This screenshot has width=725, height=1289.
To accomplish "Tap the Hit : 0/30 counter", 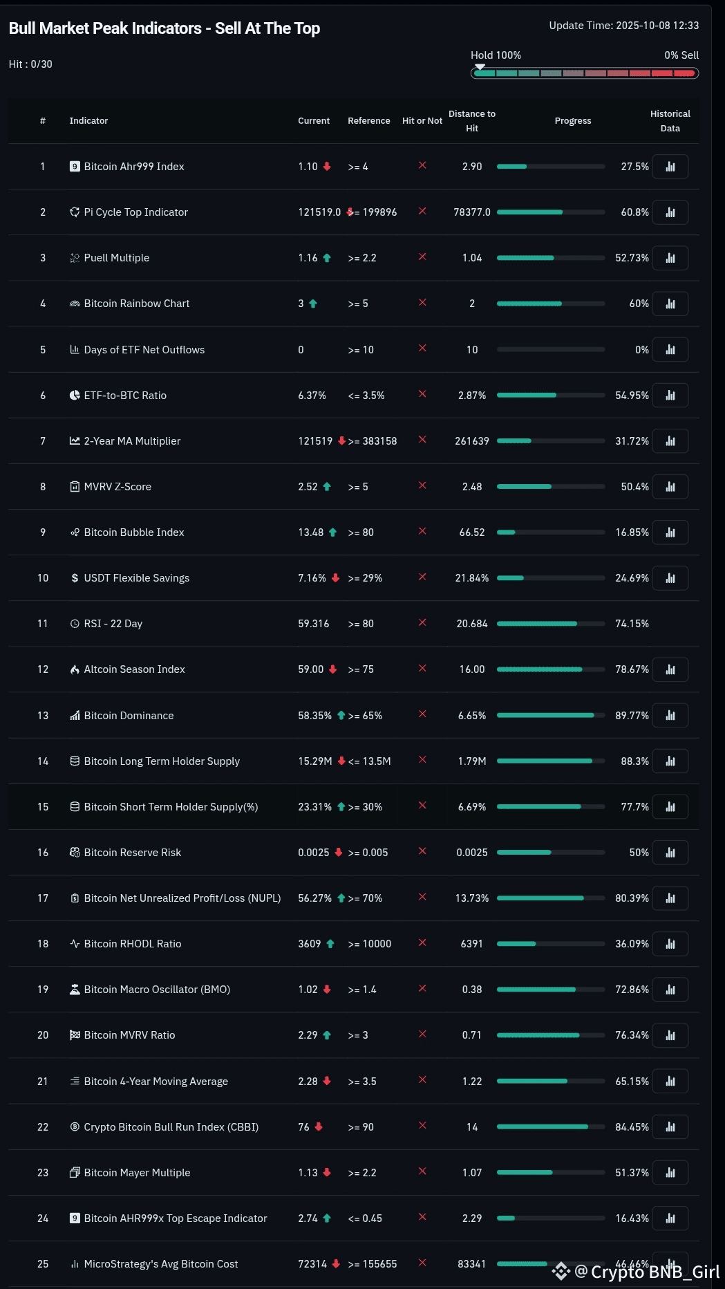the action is click(30, 64).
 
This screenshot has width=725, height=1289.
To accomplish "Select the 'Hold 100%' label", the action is click(496, 55).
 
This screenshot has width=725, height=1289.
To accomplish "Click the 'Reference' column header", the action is click(368, 121).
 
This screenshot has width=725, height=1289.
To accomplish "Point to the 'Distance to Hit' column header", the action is click(472, 121).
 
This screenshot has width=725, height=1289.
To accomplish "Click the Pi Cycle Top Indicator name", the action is click(135, 212).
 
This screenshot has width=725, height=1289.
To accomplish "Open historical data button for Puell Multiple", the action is click(670, 258).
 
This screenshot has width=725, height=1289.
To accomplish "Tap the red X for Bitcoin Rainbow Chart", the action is click(422, 303).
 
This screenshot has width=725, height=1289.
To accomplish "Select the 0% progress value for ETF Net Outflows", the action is click(642, 350).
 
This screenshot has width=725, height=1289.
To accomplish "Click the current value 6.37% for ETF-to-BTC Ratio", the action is click(312, 396).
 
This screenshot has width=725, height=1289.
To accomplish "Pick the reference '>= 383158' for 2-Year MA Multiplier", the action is click(373, 441).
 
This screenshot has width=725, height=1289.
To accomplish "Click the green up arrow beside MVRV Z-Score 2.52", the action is click(327, 487).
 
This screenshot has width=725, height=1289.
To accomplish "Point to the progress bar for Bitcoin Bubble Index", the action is click(551, 532).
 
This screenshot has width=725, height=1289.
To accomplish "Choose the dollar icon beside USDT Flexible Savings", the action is click(75, 578).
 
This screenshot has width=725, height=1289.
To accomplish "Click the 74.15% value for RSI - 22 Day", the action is click(632, 624).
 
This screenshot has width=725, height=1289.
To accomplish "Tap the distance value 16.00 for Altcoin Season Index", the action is click(472, 669).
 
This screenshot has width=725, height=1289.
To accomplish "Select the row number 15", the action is click(43, 807).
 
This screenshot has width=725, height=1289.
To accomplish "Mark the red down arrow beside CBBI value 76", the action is click(319, 1126).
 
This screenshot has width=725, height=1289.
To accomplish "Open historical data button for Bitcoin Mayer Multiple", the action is click(670, 1173).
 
